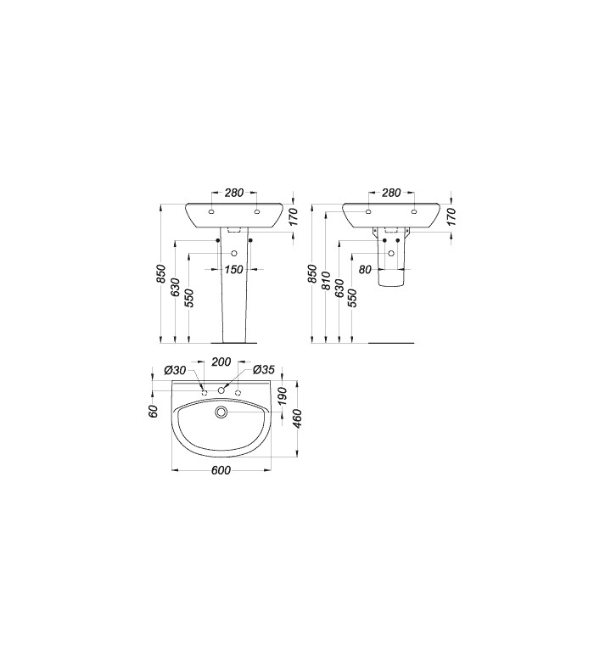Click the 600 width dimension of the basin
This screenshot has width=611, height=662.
pos(221,470)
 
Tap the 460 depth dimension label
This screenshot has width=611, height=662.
pos(298,418)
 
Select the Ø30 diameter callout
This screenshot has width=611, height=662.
pos(175,370)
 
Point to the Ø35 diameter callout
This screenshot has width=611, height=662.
pos(264,370)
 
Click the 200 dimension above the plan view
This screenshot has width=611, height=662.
pos(221,362)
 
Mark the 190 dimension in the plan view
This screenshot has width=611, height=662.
pos(282,396)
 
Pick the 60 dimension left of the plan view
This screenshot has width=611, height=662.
pos(153,411)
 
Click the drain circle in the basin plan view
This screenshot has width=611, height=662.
pos(221,412)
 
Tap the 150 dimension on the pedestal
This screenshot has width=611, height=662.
pos(233,269)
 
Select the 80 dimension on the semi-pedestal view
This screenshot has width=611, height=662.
pos(366,269)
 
